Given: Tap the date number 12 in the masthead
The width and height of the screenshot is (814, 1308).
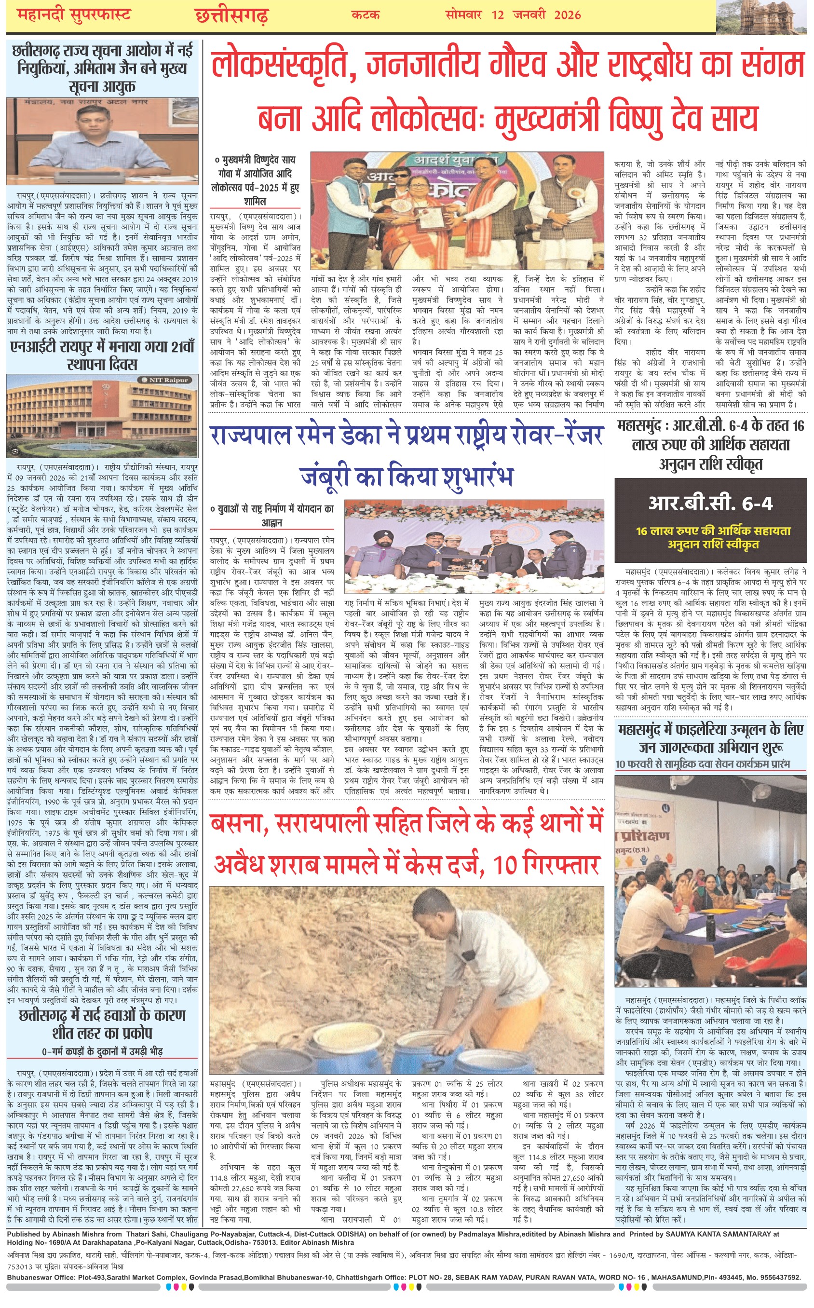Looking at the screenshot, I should [x=498, y=14].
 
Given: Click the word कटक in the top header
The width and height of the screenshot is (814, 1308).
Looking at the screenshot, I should [x=366, y=14].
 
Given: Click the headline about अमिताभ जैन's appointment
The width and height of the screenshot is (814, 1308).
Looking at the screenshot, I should [x=102, y=68].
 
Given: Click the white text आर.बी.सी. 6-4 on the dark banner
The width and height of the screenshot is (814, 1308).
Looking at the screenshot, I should [x=710, y=504].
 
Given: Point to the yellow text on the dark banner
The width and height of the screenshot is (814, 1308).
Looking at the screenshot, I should [x=713, y=537].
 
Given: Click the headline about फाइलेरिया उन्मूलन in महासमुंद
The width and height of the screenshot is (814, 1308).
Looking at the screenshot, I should [x=711, y=738].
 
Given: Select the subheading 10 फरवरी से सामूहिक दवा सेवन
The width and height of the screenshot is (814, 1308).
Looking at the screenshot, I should [x=703, y=764].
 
